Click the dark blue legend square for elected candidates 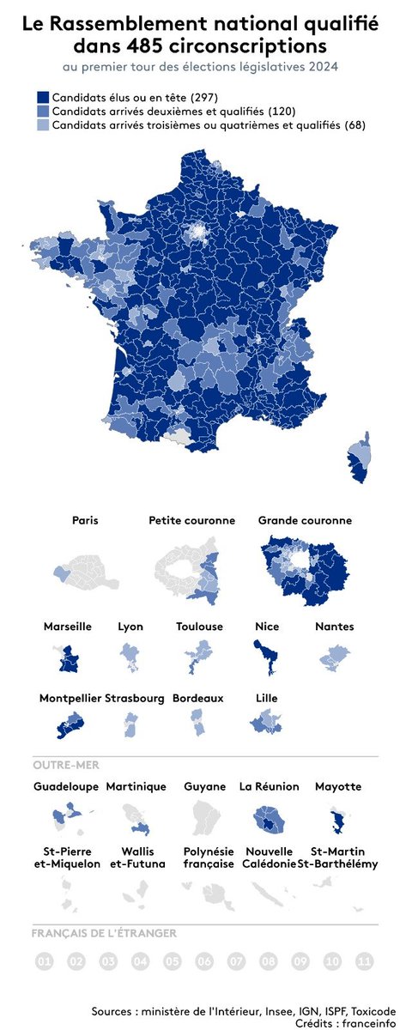43,98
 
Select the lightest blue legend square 43,125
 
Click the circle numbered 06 204,961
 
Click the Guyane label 204,786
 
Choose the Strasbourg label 135,698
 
